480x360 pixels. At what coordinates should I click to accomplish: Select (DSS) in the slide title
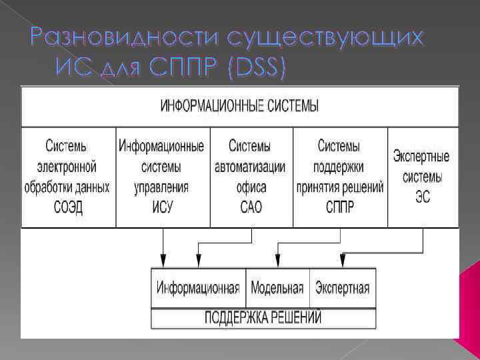(255, 69)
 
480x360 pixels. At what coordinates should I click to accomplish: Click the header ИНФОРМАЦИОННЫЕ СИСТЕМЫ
(240, 106)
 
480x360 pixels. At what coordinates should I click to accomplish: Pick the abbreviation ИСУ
(161, 207)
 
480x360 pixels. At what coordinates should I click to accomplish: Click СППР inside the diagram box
(339, 207)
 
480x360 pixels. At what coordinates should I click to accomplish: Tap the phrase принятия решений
(340, 187)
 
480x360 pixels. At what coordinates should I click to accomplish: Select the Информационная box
(198, 288)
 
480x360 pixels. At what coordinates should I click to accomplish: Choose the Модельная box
(277, 288)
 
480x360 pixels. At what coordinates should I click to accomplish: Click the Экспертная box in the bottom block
(342, 288)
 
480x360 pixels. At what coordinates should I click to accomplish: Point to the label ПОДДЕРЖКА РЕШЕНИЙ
(263, 317)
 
